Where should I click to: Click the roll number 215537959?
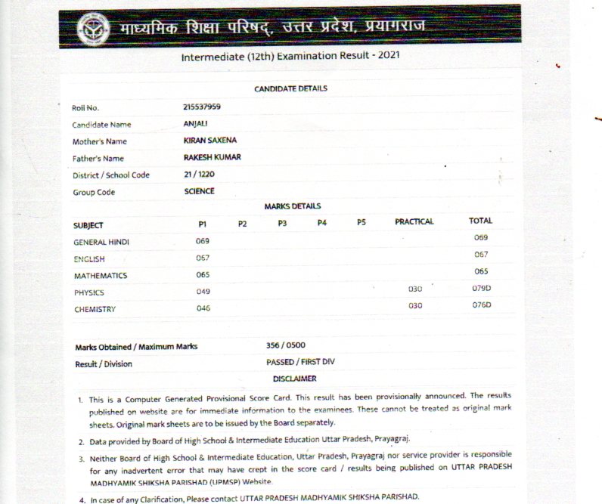click(202, 107)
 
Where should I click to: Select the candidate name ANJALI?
click(195, 124)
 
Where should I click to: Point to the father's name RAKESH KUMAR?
click(212, 158)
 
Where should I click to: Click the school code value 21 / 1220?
click(200, 175)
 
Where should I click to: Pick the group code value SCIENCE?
click(199, 191)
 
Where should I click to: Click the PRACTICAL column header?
click(414, 221)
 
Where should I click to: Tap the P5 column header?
click(362, 223)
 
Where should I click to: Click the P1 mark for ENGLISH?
click(203, 258)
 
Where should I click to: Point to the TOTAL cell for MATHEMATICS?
click(481, 271)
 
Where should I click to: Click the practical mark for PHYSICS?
click(415, 289)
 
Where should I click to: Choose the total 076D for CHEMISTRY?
click(482, 305)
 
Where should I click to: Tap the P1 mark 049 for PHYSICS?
click(203, 292)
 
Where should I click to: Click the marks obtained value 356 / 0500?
click(286, 345)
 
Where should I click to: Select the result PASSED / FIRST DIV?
click(300, 362)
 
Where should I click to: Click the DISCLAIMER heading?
click(294, 379)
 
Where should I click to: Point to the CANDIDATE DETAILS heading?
click(290, 88)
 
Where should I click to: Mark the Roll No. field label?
click(85, 108)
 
